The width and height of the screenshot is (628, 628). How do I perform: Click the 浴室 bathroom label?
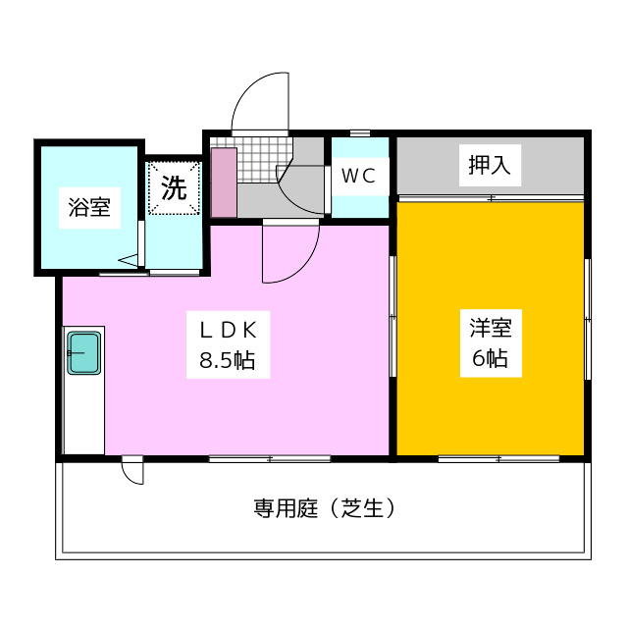coord(88,208)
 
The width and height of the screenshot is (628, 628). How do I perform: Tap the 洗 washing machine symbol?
coord(174,188)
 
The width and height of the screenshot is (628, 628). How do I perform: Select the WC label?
coord(358,176)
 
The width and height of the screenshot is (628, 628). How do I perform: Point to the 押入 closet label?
coord(489,166)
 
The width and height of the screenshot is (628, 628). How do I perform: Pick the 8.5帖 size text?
coord(228,360)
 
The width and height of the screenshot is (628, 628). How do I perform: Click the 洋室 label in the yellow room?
coord(489,328)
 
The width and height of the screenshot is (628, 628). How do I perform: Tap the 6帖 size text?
coord(489,358)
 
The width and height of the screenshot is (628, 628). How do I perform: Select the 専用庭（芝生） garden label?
coord(324,508)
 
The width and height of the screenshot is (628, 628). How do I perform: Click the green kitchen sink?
coord(83,352)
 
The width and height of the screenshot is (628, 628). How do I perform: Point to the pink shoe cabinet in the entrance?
coord(224,183)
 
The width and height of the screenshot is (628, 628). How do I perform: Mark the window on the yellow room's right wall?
coord(588,319)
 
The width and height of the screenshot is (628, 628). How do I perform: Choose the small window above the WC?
coord(360,132)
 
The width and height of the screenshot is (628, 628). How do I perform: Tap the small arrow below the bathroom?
coord(129,261)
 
